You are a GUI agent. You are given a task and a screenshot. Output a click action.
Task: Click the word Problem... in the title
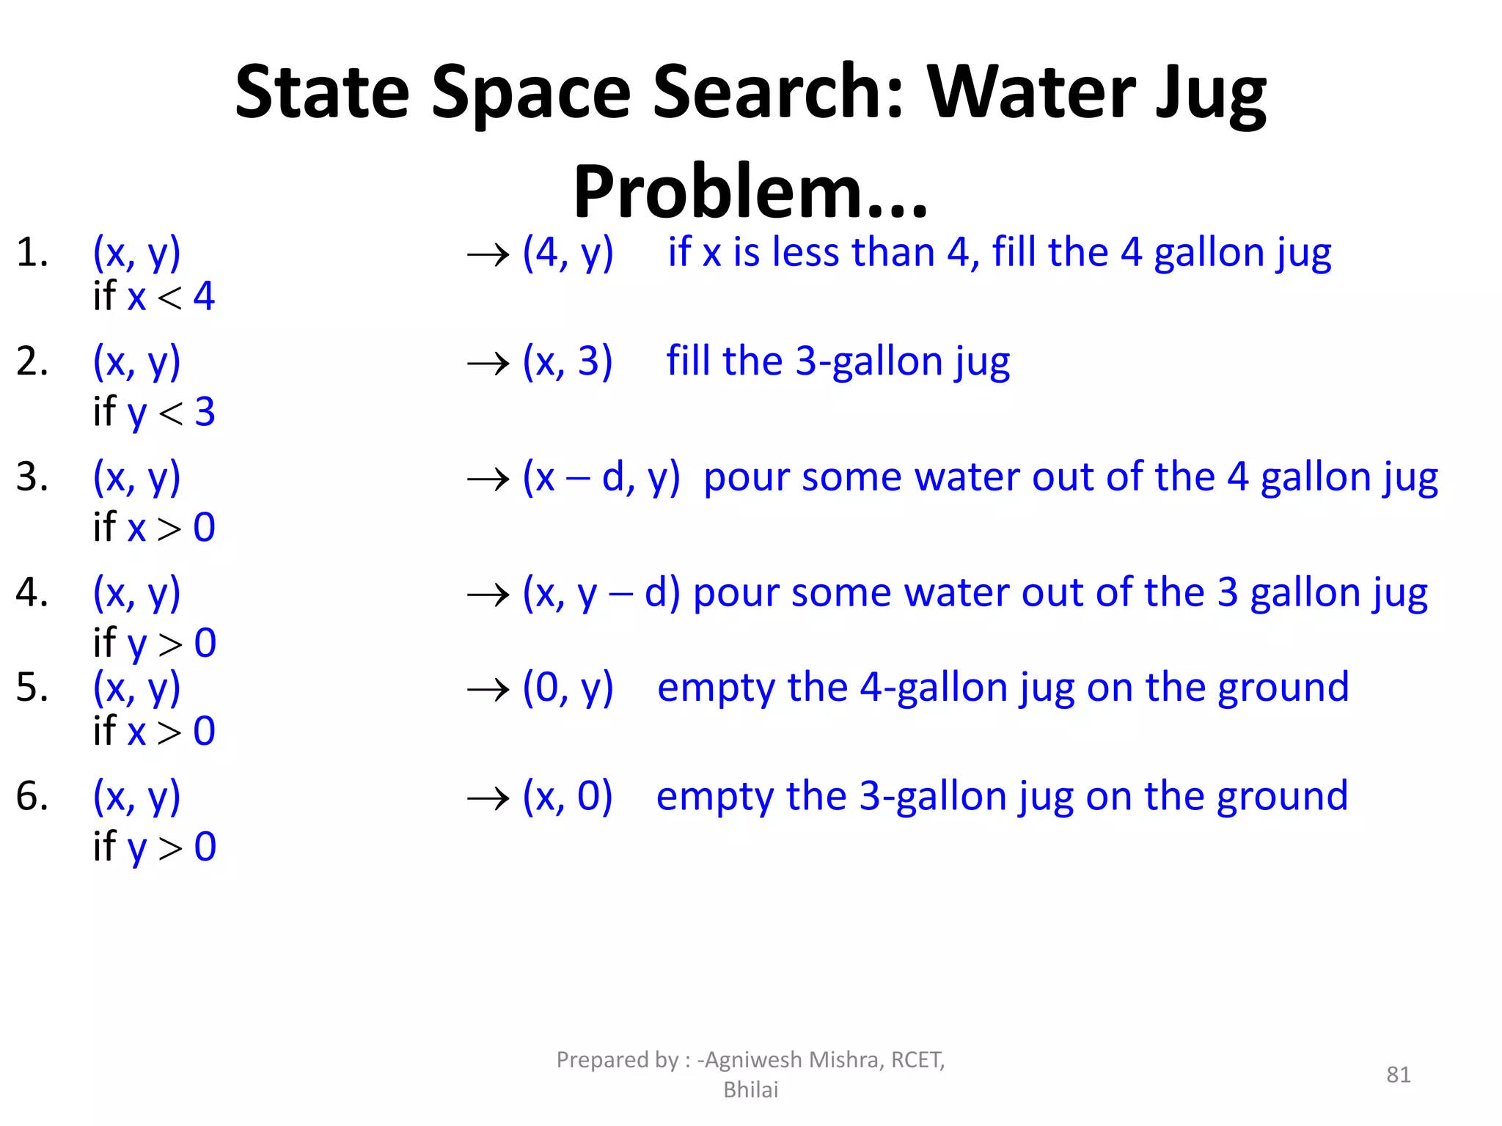click(750, 192)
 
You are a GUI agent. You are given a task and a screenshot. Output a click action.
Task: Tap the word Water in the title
click(1030, 92)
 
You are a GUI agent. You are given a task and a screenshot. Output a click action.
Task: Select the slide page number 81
click(1398, 1075)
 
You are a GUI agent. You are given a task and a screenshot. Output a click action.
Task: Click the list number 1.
click(32, 253)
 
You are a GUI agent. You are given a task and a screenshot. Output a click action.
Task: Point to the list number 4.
click(32, 592)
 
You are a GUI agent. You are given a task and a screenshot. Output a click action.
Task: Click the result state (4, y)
click(568, 253)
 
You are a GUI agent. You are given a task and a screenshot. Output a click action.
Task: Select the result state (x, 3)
click(567, 361)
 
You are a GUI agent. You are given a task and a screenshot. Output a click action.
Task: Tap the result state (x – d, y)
click(601, 477)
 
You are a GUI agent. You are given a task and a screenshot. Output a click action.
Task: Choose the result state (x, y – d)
click(601, 592)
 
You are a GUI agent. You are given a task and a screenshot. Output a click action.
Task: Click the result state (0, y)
click(568, 688)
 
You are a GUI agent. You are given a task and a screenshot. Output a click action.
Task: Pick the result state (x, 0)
click(567, 796)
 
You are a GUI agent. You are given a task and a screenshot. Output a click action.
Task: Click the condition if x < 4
click(154, 297)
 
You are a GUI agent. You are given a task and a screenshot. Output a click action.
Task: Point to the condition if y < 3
click(154, 412)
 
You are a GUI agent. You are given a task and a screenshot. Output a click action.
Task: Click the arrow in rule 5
click(488, 689)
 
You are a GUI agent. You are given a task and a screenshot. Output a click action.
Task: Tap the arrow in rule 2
click(488, 363)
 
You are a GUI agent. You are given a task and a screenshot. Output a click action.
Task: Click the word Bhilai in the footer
click(750, 1090)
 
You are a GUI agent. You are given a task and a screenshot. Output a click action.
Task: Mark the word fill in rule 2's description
click(688, 361)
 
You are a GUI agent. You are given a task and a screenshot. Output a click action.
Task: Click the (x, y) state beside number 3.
click(136, 477)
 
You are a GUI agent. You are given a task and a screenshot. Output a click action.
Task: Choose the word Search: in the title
click(777, 92)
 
